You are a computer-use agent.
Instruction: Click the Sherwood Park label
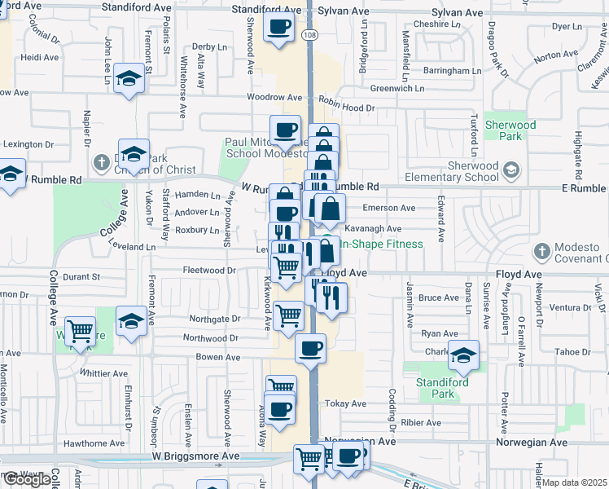(x=510, y=130)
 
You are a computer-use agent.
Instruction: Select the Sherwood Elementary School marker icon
(x=510, y=170)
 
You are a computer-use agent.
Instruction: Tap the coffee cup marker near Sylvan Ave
(x=279, y=27)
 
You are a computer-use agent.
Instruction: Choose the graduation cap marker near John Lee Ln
(x=129, y=78)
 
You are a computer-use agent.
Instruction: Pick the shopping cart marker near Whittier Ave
(x=79, y=331)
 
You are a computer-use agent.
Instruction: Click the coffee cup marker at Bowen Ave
(x=309, y=349)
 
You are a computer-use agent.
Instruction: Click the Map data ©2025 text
(x=575, y=483)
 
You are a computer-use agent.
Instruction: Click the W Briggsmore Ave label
(x=196, y=457)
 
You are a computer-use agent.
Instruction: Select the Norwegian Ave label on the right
(x=537, y=442)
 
